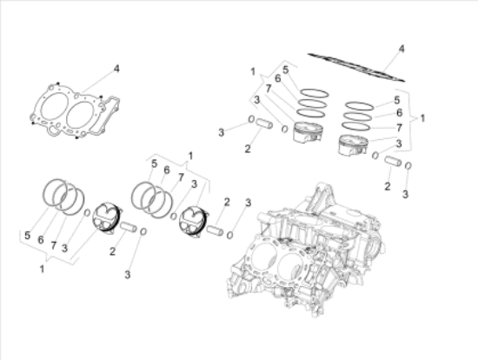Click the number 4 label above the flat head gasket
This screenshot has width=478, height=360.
point(116,67)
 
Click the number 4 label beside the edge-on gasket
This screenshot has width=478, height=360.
point(401,49)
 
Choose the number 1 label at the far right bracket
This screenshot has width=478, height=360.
point(422,116)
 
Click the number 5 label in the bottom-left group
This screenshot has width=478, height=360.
point(28,235)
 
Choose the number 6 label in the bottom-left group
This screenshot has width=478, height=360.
point(41,237)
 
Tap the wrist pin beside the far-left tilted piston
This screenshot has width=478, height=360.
point(130,229)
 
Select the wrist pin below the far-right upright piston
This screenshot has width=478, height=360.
point(392,163)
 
